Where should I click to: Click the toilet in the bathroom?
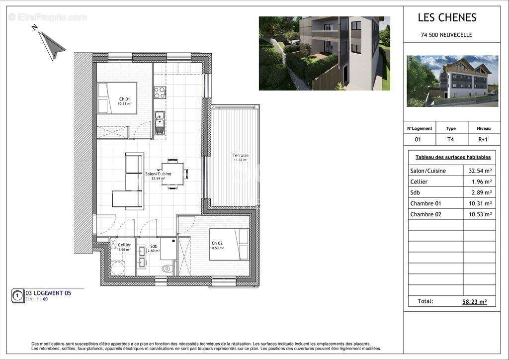click(x=168, y=269)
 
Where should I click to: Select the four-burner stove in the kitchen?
click(x=160, y=92)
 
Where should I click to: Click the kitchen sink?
click(x=160, y=119)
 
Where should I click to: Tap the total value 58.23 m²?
click(x=474, y=301)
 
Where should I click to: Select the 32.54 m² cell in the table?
click(x=480, y=171)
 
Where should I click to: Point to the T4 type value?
click(x=450, y=139)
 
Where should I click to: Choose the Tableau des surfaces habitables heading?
click(x=453, y=157)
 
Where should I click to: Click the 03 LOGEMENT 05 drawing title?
click(x=48, y=293)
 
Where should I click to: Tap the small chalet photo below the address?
click(x=452, y=81)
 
